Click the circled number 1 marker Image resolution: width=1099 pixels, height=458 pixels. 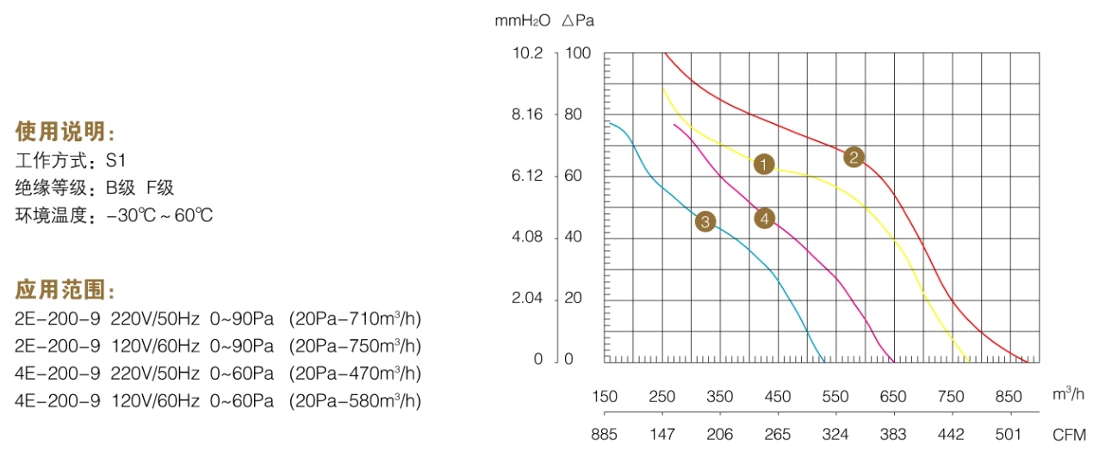764,164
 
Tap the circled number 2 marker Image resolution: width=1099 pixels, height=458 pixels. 854,157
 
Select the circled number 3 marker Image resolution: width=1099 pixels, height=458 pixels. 705,222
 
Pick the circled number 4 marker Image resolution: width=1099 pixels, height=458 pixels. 764,219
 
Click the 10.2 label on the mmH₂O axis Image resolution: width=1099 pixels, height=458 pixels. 528,53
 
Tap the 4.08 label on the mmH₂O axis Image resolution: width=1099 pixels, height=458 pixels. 528,238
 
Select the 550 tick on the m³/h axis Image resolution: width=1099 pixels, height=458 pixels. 835,397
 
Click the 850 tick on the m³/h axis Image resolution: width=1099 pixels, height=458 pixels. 1009,397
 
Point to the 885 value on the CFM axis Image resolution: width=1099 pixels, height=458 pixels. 605,435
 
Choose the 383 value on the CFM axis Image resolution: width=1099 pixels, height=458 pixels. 893,435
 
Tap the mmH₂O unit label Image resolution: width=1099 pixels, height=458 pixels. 522,20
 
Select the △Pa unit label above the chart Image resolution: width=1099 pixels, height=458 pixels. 578,20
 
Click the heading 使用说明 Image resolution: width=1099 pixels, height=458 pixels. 65,132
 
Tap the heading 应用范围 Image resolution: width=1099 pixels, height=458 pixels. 65,289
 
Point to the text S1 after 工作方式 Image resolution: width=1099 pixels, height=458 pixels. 116,160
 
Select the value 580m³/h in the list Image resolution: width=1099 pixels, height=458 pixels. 382,400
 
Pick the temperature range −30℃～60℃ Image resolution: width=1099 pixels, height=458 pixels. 159,215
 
